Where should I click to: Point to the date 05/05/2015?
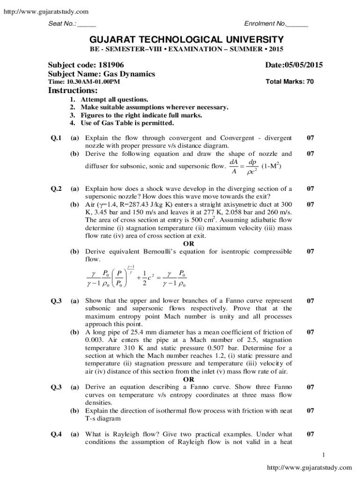pyautogui.click(x=301, y=65)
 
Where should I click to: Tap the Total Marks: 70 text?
pyautogui.click(x=289, y=81)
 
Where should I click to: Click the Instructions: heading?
pyautogui.click(x=73, y=90)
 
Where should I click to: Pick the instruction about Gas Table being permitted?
pyautogui.click(x=127, y=123)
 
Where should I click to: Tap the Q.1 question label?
pyautogui.click(x=56, y=138)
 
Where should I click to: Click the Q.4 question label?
pyautogui.click(x=56, y=434)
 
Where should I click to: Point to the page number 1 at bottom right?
pyautogui.click(x=323, y=455)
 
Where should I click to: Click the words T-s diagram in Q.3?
pyautogui.click(x=103, y=418)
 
